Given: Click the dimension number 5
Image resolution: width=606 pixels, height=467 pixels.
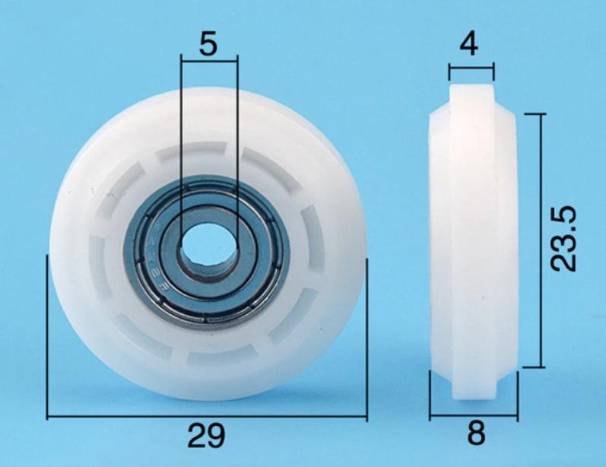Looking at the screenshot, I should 208,43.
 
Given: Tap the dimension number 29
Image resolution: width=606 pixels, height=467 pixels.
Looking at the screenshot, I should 207,436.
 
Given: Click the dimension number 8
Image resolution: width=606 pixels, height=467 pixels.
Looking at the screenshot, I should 475,434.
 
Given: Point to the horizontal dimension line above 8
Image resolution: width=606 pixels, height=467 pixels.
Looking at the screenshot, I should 474,415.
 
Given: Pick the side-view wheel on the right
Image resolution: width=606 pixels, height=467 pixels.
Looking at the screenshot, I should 473,247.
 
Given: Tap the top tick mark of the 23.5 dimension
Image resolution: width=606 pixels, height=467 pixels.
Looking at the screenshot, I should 532,114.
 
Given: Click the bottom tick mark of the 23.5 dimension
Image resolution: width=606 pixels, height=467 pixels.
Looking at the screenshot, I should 532,367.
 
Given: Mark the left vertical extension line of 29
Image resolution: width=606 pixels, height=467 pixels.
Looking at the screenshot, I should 47,338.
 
